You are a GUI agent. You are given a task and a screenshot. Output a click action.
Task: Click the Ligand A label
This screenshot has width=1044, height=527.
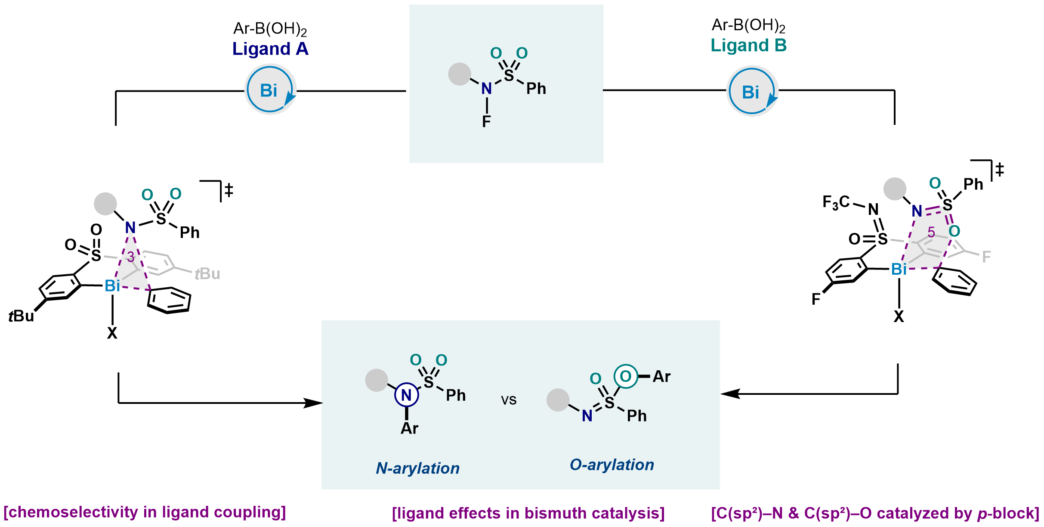[270, 49]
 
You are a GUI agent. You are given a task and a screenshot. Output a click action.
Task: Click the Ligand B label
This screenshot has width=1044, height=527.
[748, 45]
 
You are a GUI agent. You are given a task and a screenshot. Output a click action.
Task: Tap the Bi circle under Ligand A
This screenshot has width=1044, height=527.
[270, 90]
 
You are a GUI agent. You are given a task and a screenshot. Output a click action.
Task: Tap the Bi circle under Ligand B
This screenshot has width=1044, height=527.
[752, 92]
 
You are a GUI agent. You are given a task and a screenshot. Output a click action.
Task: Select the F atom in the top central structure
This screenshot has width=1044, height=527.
[486, 121]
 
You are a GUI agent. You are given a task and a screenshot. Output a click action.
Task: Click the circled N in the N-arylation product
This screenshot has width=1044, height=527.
[406, 395]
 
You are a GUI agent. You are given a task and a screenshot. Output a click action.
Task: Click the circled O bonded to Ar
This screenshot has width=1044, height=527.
[625, 376]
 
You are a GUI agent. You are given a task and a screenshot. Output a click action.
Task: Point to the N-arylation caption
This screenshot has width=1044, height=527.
[417, 468]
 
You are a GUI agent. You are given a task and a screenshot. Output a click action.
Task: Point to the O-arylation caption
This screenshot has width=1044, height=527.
[612, 465]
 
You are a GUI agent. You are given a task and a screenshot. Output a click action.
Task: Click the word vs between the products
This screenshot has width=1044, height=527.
[508, 400]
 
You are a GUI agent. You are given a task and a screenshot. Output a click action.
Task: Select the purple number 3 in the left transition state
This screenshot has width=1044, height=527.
[131, 257]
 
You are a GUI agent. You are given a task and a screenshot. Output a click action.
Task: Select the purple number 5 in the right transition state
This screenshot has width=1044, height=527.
[931, 232]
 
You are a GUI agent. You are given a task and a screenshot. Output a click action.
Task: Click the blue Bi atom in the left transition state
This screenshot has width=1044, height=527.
[112, 285]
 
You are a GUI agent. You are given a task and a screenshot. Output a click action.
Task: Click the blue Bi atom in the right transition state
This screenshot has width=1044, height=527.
[899, 269]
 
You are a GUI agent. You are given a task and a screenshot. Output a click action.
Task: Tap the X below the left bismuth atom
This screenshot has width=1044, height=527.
[112, 333]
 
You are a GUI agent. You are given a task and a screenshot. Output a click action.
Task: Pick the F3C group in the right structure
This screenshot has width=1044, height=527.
[836, 202]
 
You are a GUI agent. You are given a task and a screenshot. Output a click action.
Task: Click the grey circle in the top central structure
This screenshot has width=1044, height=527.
[460, 74]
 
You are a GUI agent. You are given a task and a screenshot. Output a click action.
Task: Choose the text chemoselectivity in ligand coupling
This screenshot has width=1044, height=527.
[144, 512]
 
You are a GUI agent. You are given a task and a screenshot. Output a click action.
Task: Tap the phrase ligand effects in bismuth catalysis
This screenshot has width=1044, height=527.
[528, 513]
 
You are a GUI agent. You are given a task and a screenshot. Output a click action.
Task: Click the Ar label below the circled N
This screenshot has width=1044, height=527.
[409, 428]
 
